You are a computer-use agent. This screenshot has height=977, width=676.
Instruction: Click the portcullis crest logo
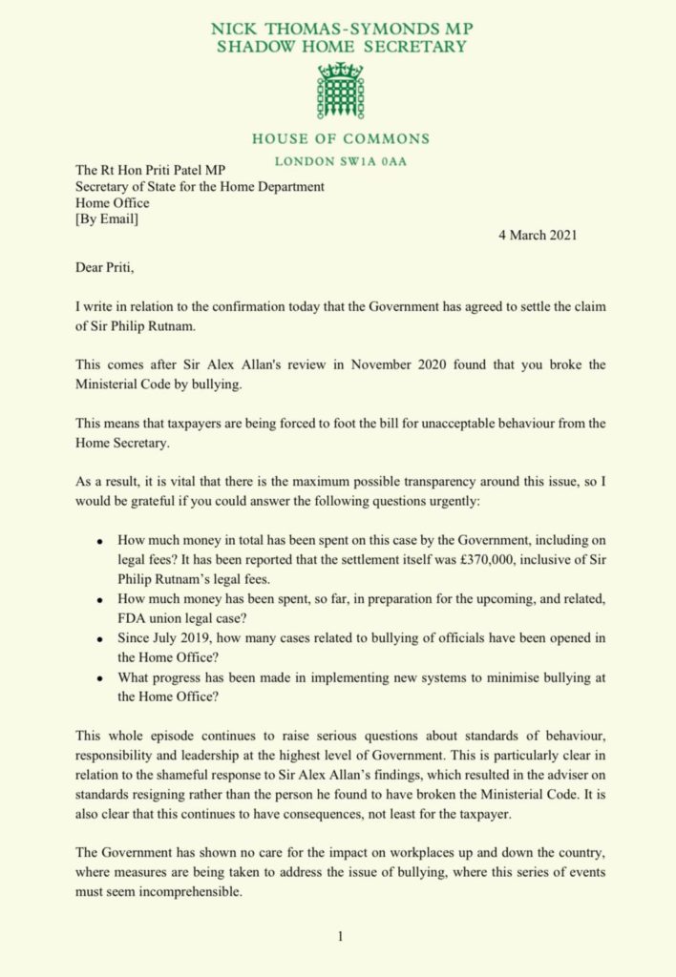pyautogui.click(x=340, y=92)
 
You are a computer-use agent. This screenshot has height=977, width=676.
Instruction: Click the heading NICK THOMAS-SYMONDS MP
pyautogui.click(x=340, y=30)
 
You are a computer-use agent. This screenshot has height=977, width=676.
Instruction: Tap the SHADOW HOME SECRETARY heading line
pyautogui.click(x=340, y=48)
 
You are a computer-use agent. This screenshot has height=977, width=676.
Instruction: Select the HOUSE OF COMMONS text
pyautogui.click(x=341, y=139)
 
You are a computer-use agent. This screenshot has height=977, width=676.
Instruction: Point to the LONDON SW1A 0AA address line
pyautogui.click(x=340, y=161)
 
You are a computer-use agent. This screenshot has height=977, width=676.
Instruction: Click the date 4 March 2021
pyautogui.click(x=537, y=235)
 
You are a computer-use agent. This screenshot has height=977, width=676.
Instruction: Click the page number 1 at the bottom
pyautogui.click(x=339, y=937)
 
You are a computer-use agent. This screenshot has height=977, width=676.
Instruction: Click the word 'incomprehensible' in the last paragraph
pyautogui.click(x=180, y=895)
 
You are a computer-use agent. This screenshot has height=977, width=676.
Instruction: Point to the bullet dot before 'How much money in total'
pyautogui.click(x=100, y=540)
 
